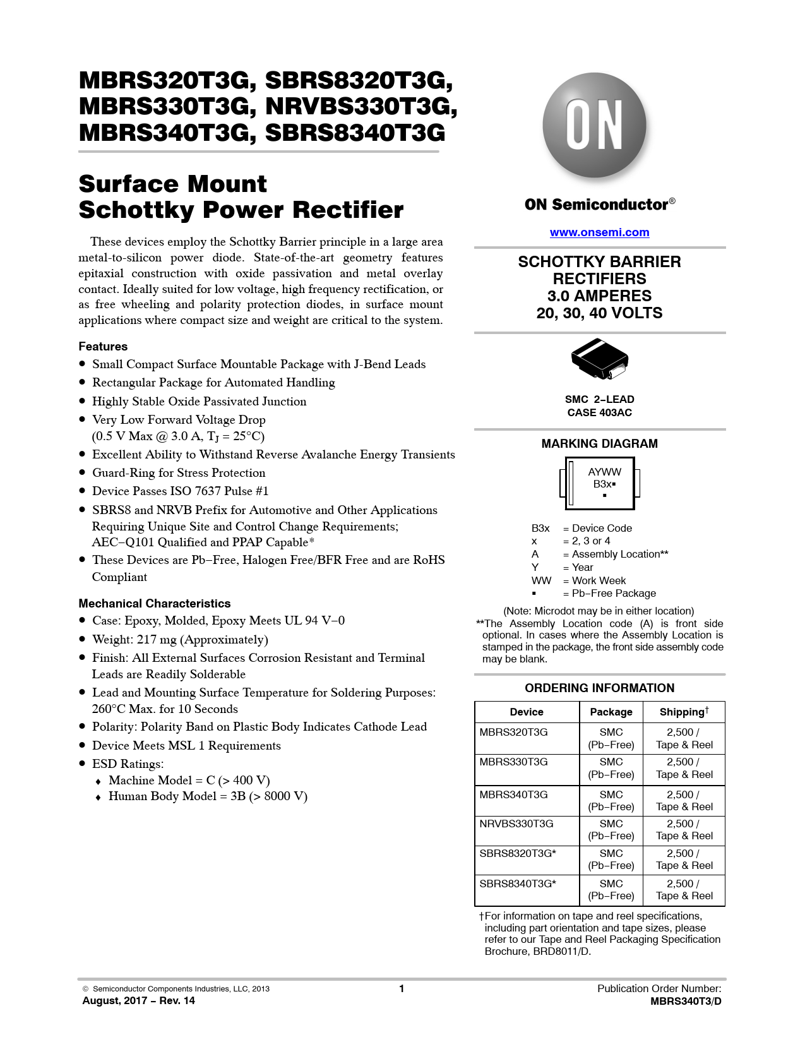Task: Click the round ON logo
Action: pos(594,125)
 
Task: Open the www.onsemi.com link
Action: pos(599,232)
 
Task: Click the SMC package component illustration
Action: pos(599,359)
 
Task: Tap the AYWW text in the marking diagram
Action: pos(604,472)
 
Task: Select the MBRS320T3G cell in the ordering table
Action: pos(513,732)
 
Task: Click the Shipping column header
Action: pos(684,712)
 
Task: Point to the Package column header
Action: pos(611,712)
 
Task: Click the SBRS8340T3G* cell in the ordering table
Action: pos(518,883)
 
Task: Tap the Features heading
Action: pos(103,346)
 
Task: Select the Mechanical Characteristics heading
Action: pos(155,603)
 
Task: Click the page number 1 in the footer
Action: pos(402,988)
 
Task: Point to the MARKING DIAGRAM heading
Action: pos(599,443)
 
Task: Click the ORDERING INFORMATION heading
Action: pos(599,688)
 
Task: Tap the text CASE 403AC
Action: pos(599,412)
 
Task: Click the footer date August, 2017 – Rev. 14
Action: pos(138,1000)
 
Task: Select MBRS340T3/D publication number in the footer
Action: pos(686,1001)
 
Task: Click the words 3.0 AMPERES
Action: pos(599,296)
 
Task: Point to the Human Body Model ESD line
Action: pos(208,796)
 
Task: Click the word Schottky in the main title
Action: pos(136,210)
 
